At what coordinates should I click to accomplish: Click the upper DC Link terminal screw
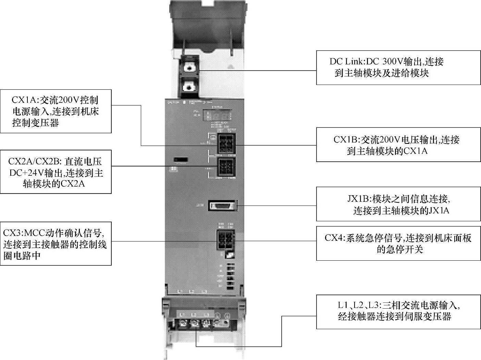coord(188,68)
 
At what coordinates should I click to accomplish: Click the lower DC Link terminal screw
coord(188,87)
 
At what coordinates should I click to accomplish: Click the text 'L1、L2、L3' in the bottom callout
coord(358,305)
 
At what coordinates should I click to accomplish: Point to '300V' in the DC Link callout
coord(392,62)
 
